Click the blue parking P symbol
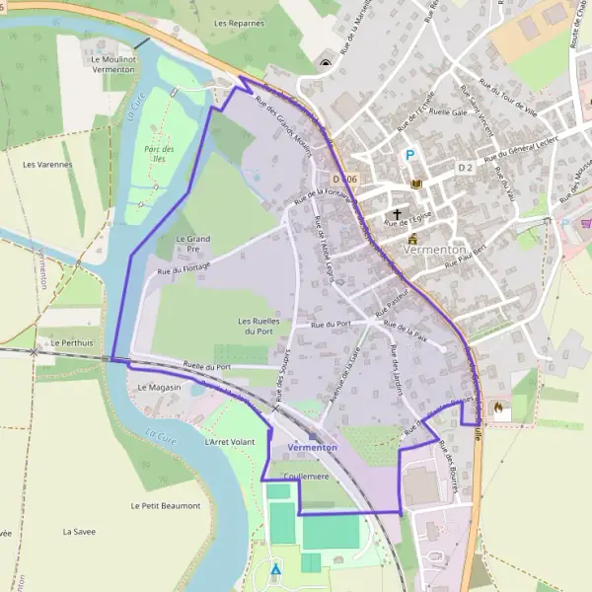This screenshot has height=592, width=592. click(408, 155)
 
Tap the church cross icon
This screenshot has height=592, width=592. click(398, 214)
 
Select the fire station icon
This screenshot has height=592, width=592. click(498, 406)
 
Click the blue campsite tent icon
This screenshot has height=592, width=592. click(275, 569)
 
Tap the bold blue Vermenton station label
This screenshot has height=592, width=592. click(312, 447)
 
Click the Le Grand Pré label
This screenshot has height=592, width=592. click(192, 244)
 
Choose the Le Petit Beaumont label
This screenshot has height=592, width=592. click(165, 505)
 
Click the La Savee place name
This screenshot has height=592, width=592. click(78, 531)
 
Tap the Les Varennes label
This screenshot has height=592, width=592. click(47, 164)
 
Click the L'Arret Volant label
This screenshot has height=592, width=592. click(229, 442)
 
